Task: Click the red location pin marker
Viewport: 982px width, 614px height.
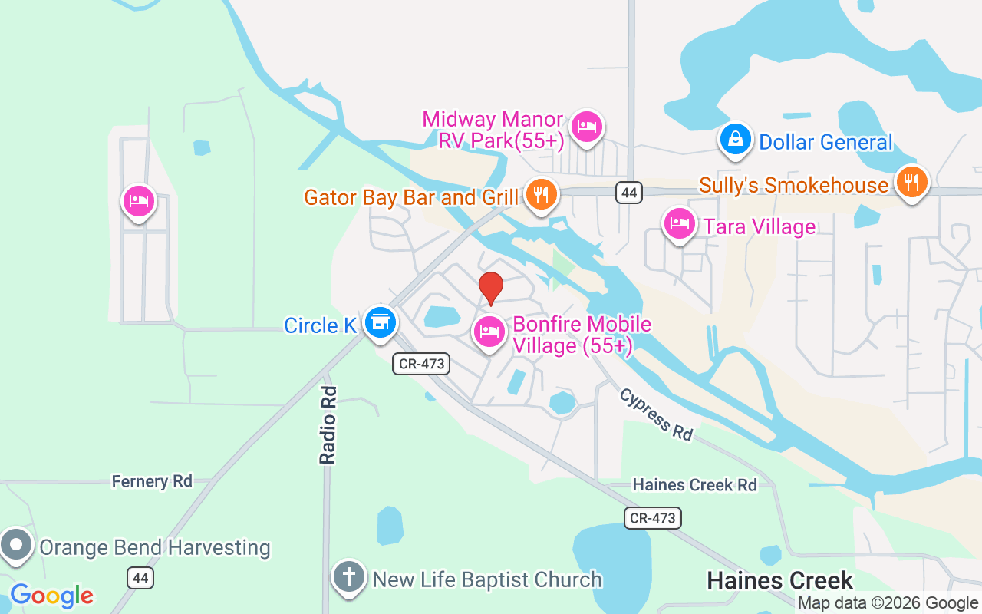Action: tap(491, 289)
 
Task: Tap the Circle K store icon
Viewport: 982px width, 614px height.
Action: tap(379, 323)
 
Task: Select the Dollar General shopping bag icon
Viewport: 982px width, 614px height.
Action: tap(736, 140)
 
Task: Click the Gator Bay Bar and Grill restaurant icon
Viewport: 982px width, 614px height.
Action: tap(542, 194)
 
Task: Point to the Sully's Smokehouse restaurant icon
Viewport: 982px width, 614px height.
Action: tap(911, 183)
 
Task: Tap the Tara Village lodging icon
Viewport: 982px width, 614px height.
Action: tap(680, 224)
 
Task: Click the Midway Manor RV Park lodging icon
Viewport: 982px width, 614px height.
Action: tap(587, 127)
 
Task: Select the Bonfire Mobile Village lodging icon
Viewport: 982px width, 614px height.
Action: tap(489, 332)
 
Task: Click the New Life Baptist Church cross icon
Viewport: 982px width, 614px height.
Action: tap(349, 576)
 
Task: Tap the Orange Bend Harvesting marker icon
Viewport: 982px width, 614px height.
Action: tap(16, 546)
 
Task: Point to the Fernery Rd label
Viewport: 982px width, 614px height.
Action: tap(152, 481)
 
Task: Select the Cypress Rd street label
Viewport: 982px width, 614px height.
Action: tap(656, 414)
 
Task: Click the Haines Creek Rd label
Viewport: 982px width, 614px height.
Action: tap(694, 484)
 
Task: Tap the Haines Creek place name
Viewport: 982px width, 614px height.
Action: tap(779, 579)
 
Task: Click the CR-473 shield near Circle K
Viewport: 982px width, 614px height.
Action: tap(421, 364)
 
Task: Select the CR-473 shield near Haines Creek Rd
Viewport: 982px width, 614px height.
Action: tap(652, 517)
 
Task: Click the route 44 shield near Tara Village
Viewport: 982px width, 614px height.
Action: tap(629, 193)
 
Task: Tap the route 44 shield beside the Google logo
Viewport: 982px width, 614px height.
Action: tap(140, 578)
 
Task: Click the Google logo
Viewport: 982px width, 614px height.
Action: tap(51, 596)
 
